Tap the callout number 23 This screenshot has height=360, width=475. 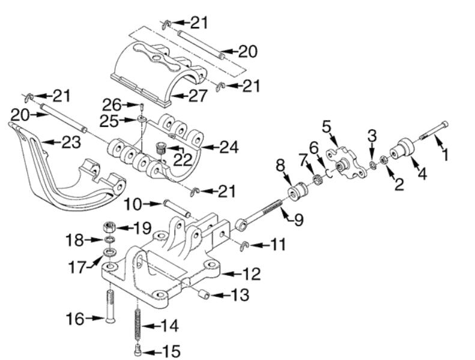click(x=70, y=142)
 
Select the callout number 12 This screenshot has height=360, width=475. click(x=253, y=275)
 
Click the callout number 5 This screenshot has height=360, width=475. click(x=327, y=127)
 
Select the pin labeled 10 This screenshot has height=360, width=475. click(x=175, y=210)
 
